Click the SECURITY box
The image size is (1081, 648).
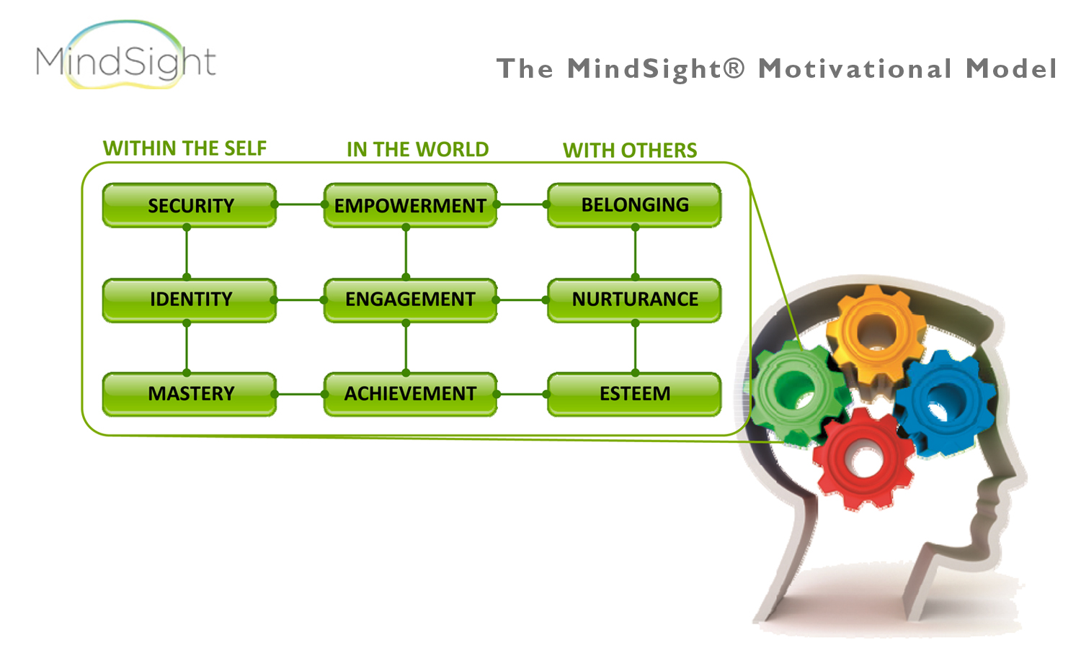pyautogui.click(x=190, y=205)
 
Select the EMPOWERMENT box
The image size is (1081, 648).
pyautogui.click(x=410, y=205)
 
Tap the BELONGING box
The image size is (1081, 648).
pyautogui.click(x=634, y=205)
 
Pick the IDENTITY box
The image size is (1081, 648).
pyautogui.click(x=190, y=300)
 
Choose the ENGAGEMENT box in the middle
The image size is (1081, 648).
pyautogui.click(x=410, y=300)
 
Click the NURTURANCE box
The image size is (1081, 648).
pyautogui.click(x=634, y=300)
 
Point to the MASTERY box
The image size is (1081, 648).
pyautogui.click(x=190, y=394)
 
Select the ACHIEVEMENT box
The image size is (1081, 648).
pyautogui.click(x=410, y=394)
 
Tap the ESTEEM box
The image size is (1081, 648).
pyautogui.click(x=634, y=394)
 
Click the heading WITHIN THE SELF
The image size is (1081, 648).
pyautogui.click(x=184, y=148)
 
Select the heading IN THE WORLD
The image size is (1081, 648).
pyautogui.click(x=417, y=150)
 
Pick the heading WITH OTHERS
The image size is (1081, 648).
pyautogui.click(x=630, y=150)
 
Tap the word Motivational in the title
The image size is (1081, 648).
pyautogui.click(x=855, y=69)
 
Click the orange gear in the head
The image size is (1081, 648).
pyautogui.click(x=876, y=333)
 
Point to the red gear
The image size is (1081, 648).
pyautogui.click(x=863, y=458)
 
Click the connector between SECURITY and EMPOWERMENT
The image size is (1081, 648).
pyautogui.click(x=300, y=204)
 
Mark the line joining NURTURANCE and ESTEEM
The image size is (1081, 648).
pyautogui.click(x=635, y=348)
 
